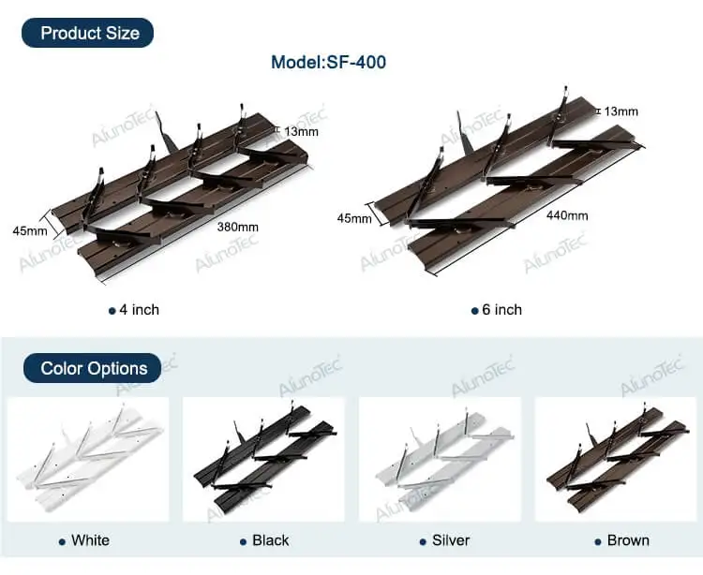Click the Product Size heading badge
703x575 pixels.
point(90,33)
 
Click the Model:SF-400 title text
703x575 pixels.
point(328,63)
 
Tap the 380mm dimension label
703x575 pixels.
point(237,227)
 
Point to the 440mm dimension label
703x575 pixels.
point(566,215)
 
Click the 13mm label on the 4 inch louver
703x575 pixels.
point(301,131)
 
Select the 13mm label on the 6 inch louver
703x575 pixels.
point(621,111)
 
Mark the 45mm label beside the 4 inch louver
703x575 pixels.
point(29,229)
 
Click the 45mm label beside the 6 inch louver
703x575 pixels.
point(355,218)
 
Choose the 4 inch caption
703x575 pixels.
point(139,310)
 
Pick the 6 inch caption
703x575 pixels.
point(501,310)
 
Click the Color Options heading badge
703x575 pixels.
point(94,368)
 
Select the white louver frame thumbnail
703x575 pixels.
point(88,459)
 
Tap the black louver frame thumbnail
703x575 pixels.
point(263,459)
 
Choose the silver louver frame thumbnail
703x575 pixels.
point(440,459)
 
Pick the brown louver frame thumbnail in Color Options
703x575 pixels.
point(615,459)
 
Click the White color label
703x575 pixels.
point(90,540)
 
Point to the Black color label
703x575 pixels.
point(270,540)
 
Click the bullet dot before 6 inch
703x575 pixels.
point(475,311)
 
